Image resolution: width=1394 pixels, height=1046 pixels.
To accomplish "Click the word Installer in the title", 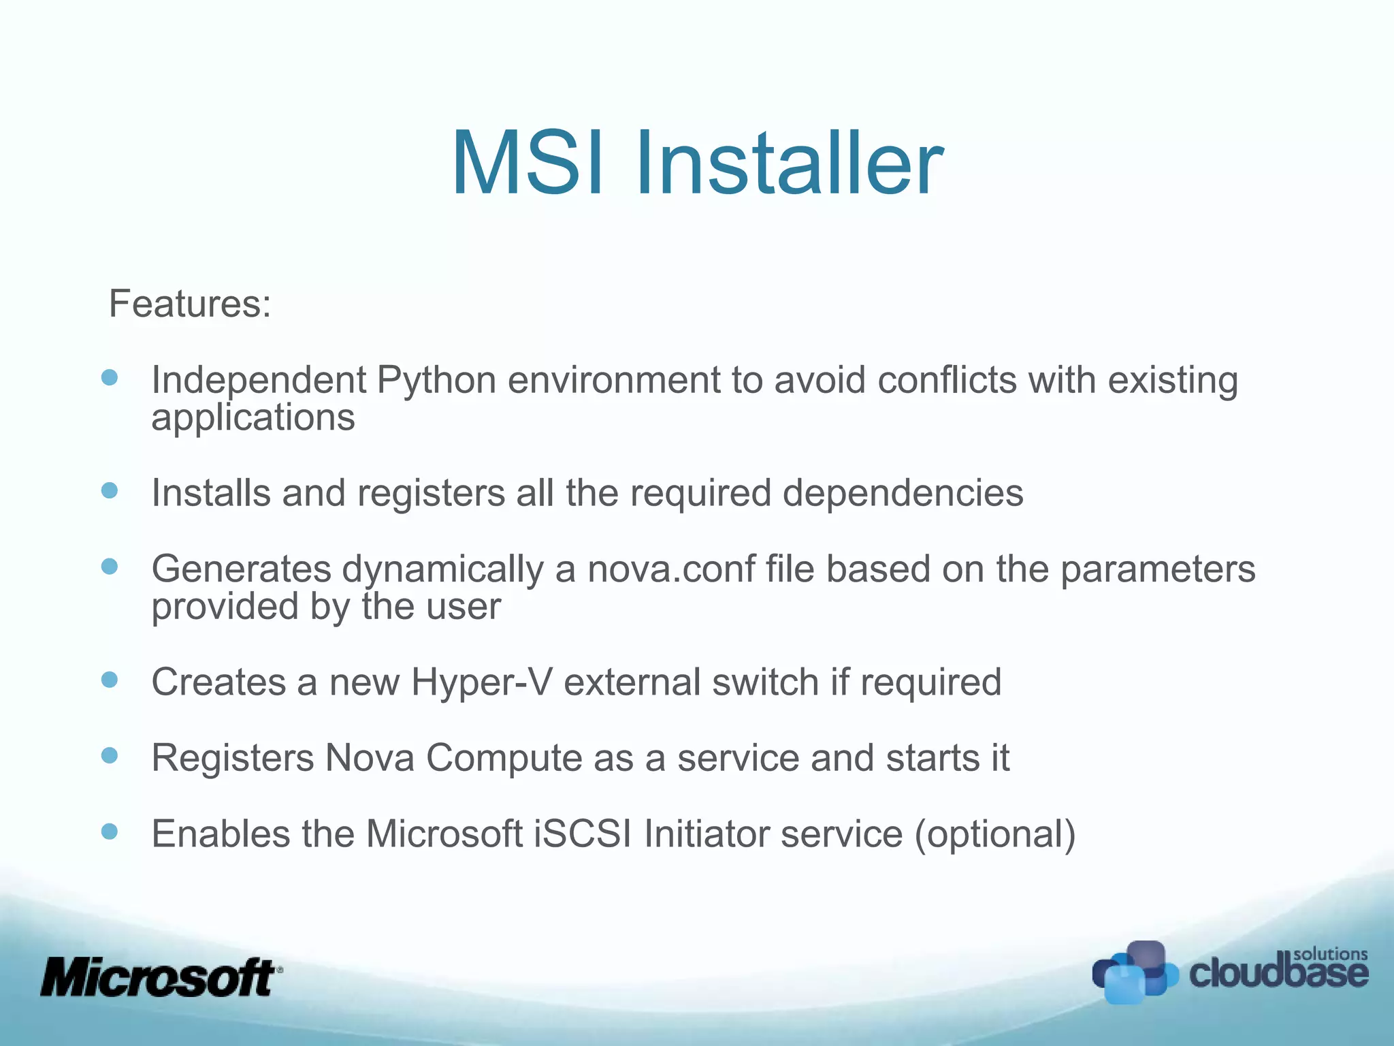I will [x=789, y=163].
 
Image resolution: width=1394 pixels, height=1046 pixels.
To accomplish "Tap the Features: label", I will [x=190, y=303].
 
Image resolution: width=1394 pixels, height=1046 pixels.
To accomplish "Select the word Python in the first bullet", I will [x=436, y=380].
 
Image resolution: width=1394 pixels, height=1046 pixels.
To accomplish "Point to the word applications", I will [x=253, y=417].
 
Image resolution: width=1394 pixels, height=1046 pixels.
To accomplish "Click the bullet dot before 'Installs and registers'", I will [x=110, y=490].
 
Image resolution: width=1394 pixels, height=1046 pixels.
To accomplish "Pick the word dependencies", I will [x=903, y=492].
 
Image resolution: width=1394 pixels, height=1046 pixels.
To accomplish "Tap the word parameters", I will [x=1158, y=569].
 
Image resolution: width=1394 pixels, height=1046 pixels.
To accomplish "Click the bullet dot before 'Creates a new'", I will [x=110, y=679].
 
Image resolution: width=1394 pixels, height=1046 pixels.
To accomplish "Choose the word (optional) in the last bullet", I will [x=994, y=834].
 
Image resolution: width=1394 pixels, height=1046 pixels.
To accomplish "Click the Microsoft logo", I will [x=161, y=978].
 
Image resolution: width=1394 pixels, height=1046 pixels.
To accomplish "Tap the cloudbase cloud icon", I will [x=1134, y=972].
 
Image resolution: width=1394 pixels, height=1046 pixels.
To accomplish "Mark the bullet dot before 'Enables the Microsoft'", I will [x=110, y=831].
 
